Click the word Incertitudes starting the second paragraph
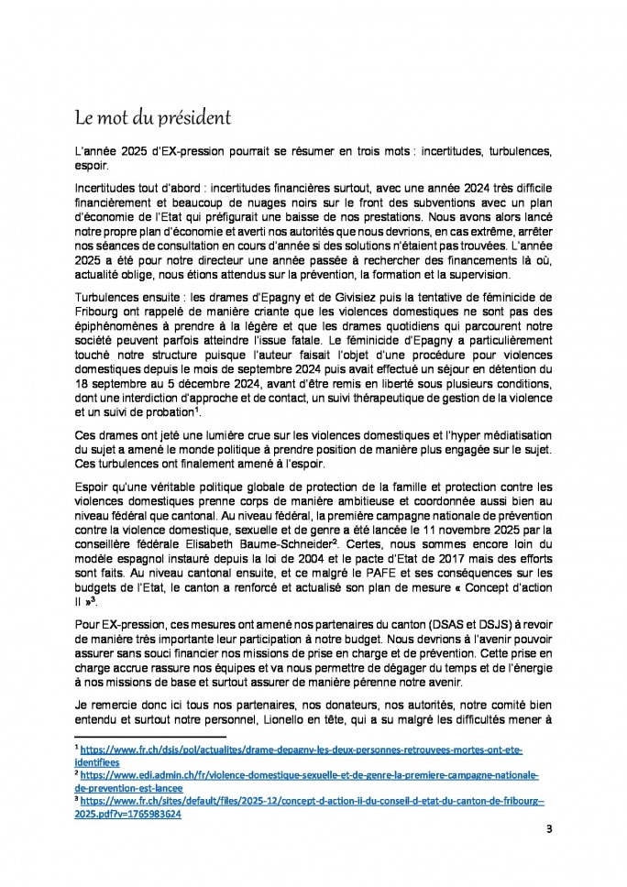105,185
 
